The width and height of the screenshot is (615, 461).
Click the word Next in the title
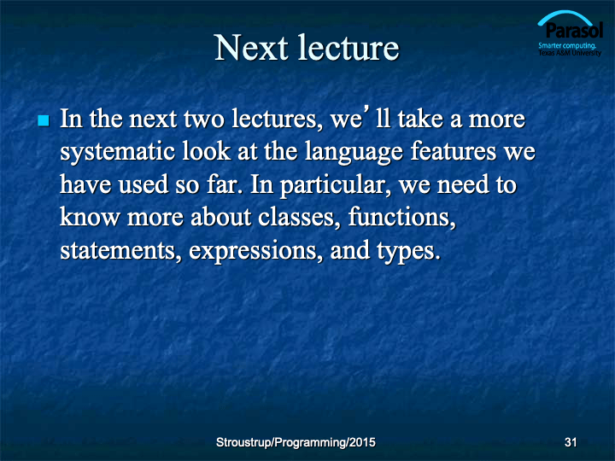[x=251, y=48]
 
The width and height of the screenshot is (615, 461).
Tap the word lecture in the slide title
[x=348, y=48]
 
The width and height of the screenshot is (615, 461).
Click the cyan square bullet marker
[x=44, y=120]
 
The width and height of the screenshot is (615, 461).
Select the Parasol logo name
[x=574, y=30]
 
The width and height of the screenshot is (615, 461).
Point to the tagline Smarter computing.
[x=567, y=45]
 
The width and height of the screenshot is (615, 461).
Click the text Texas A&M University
[x=570, y=53]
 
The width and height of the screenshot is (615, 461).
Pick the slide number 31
[x=571, y=442]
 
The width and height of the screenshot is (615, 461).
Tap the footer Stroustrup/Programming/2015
[x=296, y=442]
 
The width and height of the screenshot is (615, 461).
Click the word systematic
[x=117, y=152]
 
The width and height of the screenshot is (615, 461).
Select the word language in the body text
[x=354, y=152]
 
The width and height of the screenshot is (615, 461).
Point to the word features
[x=454, y=151]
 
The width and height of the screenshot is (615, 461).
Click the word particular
[x=332, y=185]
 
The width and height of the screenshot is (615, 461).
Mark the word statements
[x=118, y=251]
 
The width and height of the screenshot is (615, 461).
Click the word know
[x=90, y=217]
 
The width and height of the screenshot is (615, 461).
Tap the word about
[x=221, y=217]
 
